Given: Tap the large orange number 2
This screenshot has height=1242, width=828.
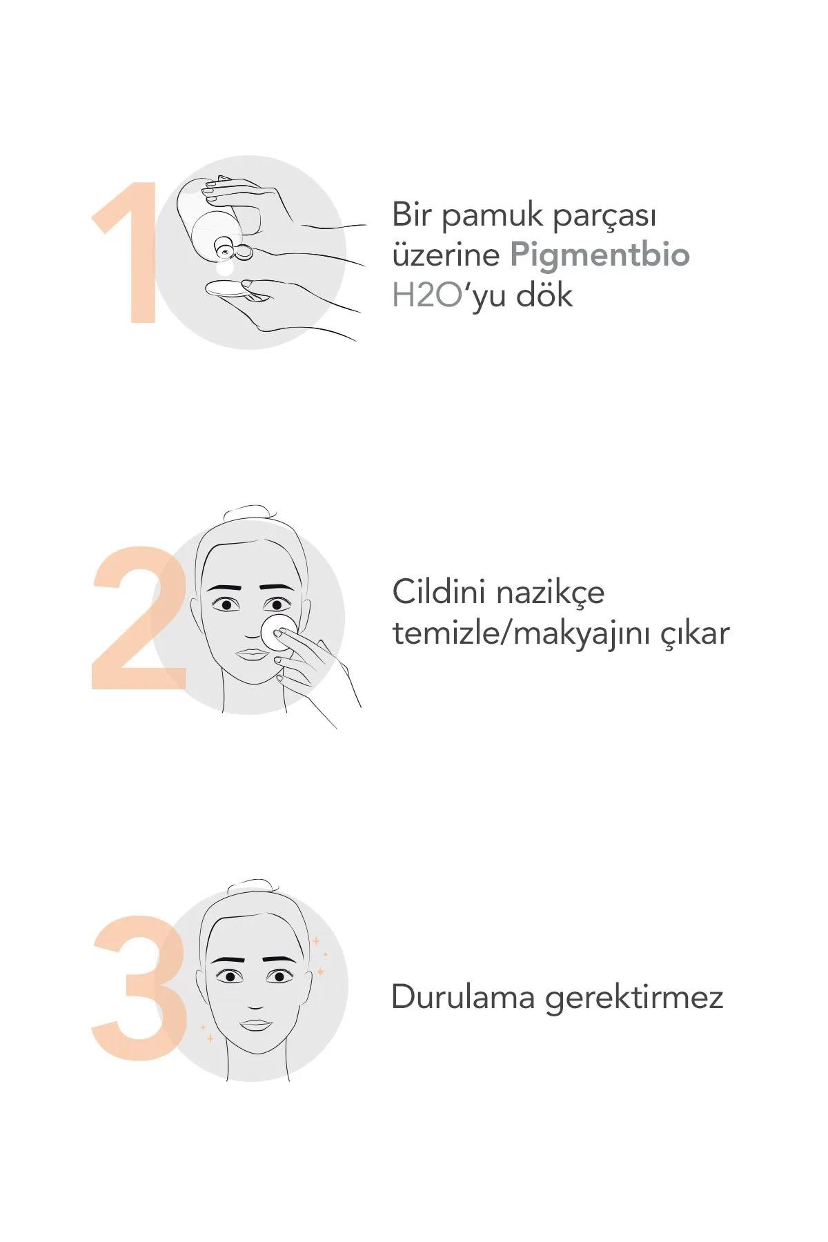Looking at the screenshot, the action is click(x=138, y=618).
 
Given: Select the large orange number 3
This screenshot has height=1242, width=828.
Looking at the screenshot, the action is click(x=139, y=987).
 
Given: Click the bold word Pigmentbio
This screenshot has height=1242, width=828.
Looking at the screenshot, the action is click(x=600, y=256).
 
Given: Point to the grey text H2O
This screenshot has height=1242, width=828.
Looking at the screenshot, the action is click(x=426, y=295).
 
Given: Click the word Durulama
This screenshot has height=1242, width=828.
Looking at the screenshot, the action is click(x=463, y=997).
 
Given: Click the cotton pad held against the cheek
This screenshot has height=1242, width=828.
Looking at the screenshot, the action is click(x=279, y=631).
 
